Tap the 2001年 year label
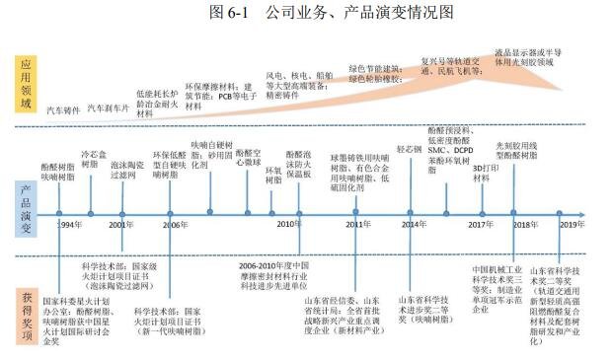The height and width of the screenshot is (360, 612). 121,226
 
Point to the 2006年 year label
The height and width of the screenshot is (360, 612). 176,226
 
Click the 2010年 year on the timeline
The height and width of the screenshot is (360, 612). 287,226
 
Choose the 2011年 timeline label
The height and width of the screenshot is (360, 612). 359,226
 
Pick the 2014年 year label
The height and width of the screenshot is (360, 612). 415,226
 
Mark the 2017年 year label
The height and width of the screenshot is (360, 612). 481,226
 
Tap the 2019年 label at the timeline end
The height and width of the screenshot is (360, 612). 573,226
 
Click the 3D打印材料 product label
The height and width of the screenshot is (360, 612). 486,173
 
